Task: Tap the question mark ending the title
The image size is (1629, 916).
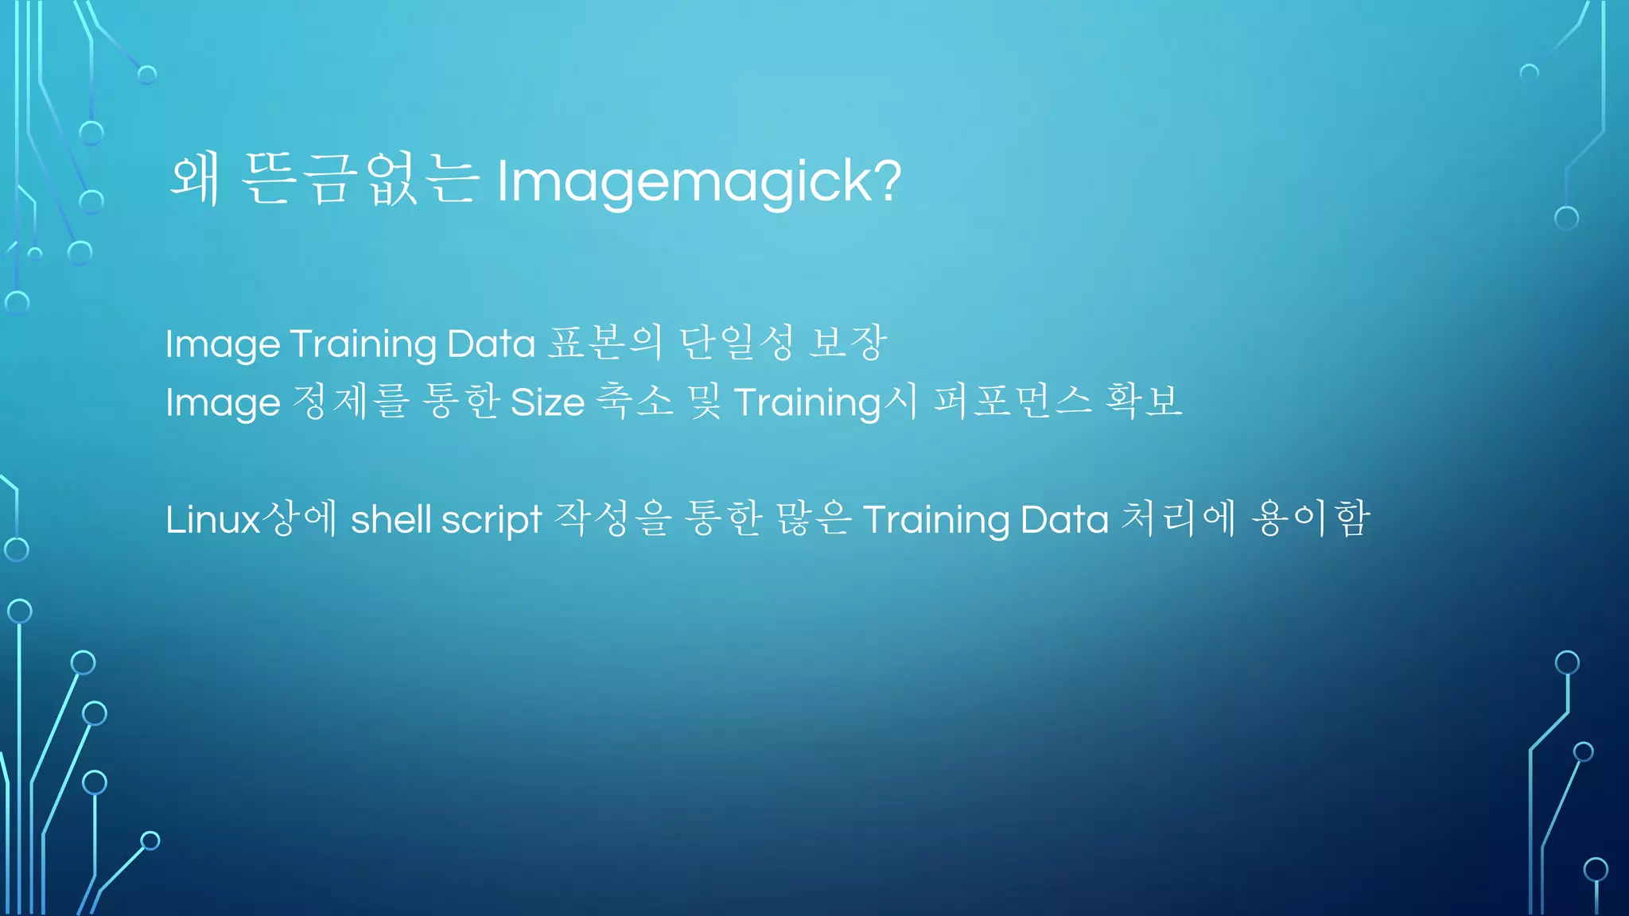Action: click(888, 180)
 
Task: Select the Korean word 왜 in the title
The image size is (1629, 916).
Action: click(195, 180)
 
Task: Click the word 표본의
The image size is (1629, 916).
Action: click(605, 343)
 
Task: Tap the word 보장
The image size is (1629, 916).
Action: click(847, 343)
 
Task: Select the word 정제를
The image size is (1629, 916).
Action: click(350, 402)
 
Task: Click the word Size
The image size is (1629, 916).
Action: click(547, 402)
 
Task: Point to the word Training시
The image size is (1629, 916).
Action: click(826, 402)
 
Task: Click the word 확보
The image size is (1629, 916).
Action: click(1144, 402)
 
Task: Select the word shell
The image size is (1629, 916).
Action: click(391, 519)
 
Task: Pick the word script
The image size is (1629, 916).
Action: click(492, 519)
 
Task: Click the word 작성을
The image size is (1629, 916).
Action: click(613, 519)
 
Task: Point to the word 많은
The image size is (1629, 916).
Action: click(814, 519)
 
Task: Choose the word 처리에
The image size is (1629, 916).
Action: click(1178, 519)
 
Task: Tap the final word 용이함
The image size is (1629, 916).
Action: click(1311, 519)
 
